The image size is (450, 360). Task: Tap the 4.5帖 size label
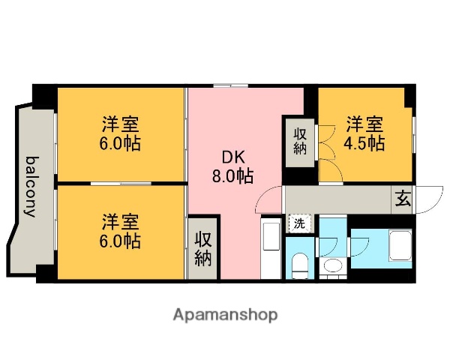[366, 142]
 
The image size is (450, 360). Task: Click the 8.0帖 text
[232, 176]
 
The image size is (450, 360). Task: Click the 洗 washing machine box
[298, 223]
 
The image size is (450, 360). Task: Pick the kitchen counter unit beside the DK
[270, 248]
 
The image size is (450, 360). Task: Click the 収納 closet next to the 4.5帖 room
[300, 142]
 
